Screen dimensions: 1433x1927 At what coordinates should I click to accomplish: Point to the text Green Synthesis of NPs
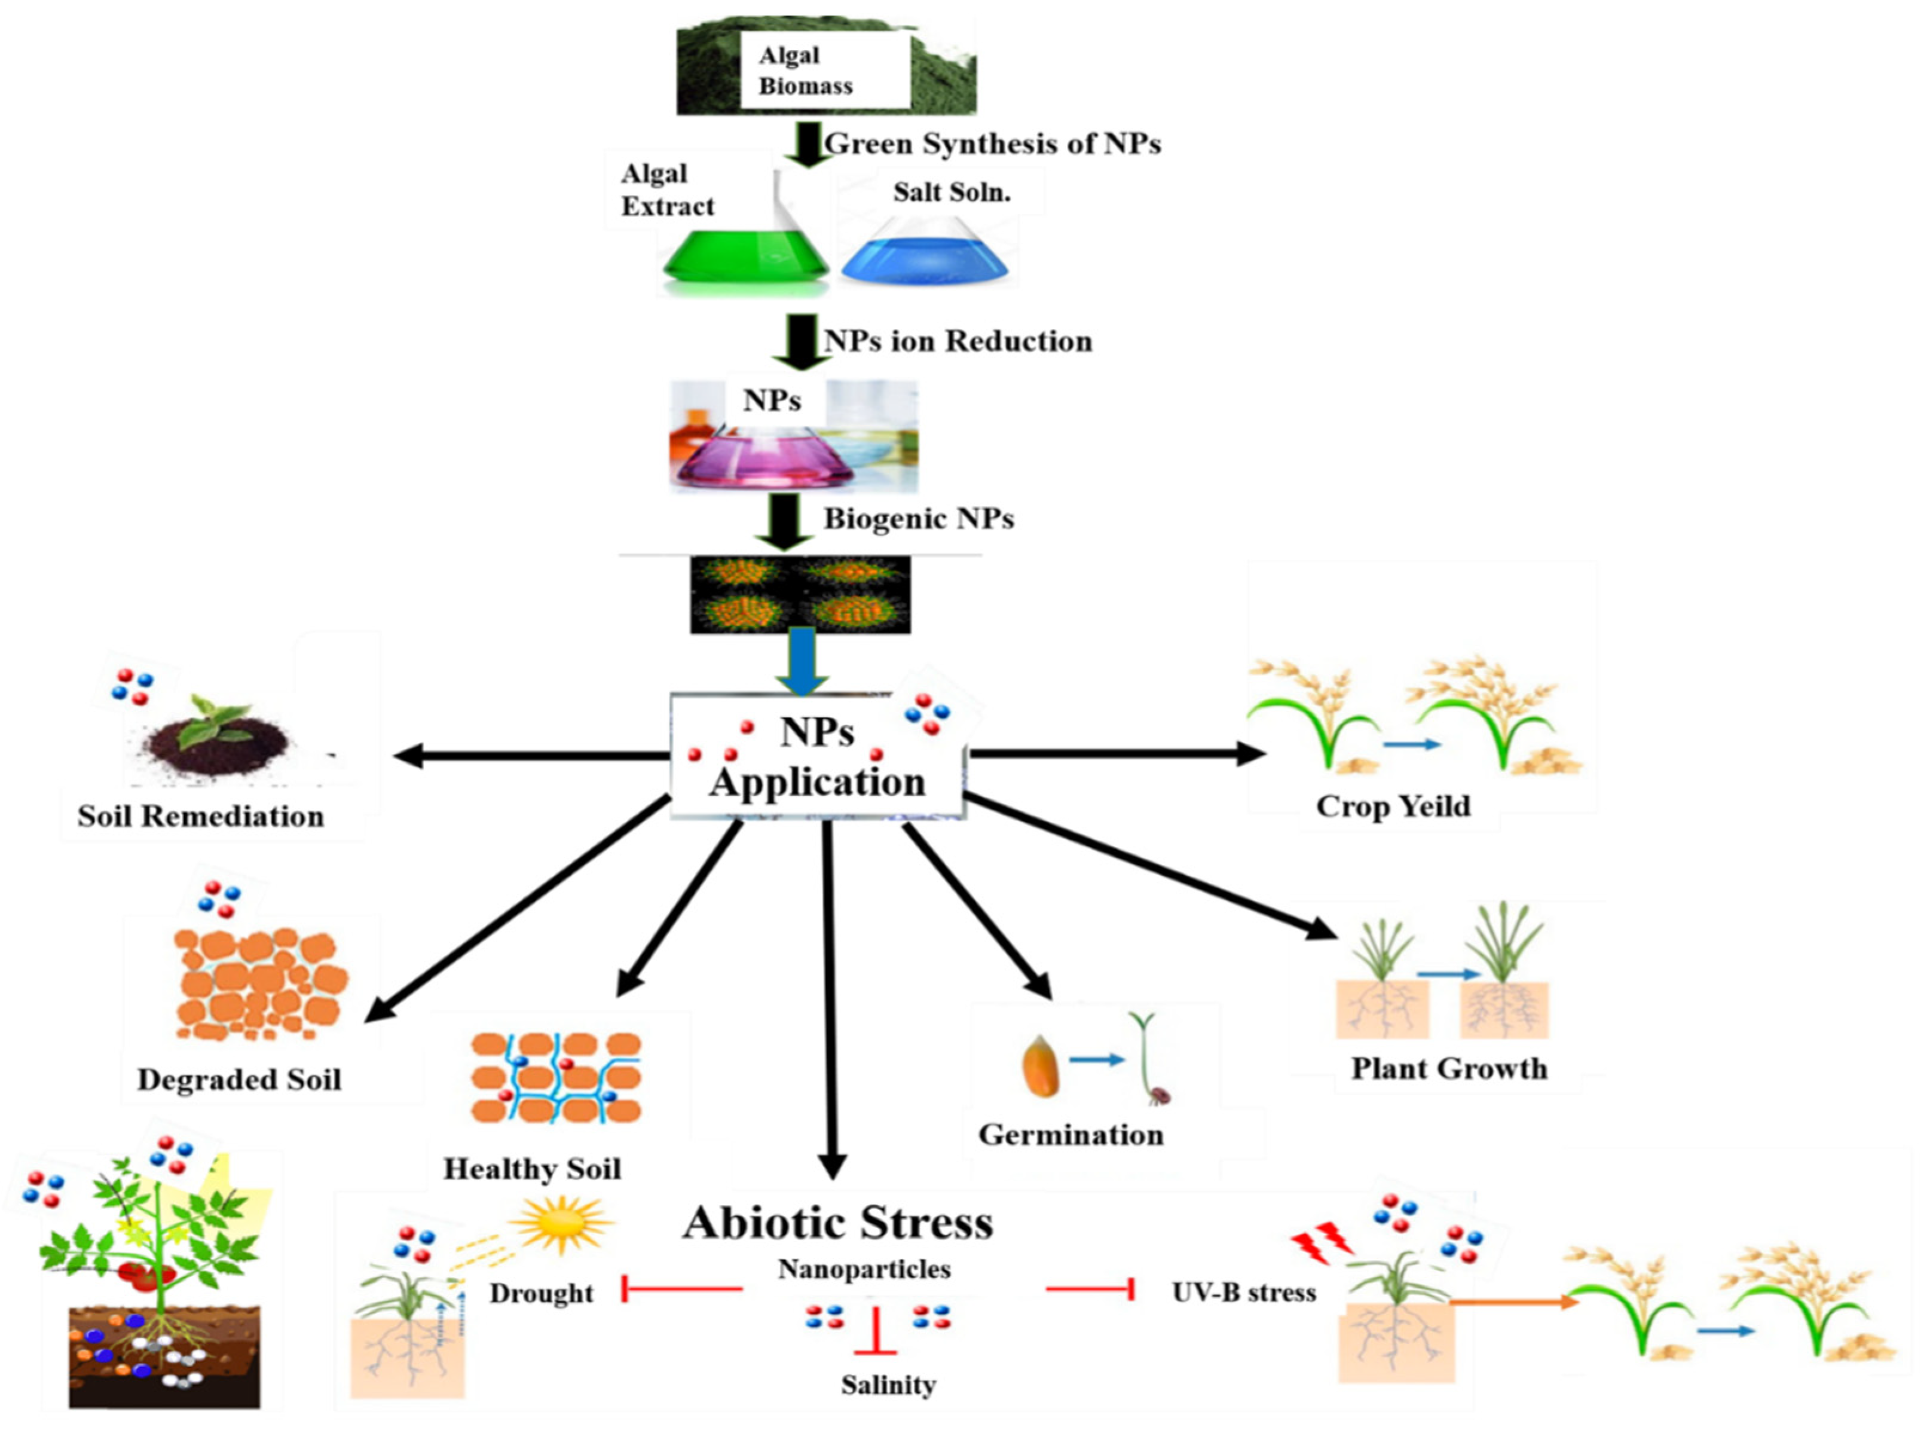point(991,143)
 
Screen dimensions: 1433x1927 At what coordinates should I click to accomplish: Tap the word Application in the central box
point(817,783)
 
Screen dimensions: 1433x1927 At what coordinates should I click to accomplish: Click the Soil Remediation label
point(200,816)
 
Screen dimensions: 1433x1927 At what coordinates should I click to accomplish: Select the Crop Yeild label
point(1392,806)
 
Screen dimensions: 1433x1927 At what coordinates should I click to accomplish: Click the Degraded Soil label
point(238,1079)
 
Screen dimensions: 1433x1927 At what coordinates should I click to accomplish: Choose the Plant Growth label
point(1448,1068)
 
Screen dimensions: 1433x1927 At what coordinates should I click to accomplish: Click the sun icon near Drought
point(561,1224)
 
